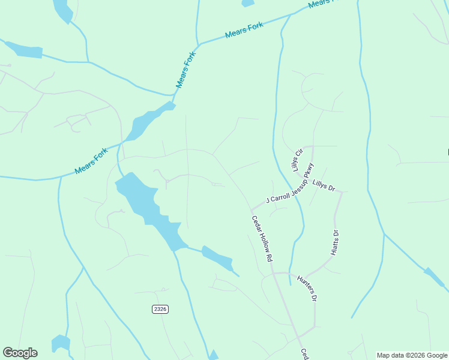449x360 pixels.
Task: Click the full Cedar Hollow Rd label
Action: click(262, 238)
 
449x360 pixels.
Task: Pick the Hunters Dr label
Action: click(307, 288)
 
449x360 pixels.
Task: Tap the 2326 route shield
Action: click(160, 309)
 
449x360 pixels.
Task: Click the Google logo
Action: click(20, 353)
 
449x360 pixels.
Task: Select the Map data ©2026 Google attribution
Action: click(412, 355)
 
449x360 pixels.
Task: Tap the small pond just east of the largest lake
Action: click(217, 258)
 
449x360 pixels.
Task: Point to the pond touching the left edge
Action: click(23, 50)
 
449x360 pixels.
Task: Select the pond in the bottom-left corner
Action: click(60, 344)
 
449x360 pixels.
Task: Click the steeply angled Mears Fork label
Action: click(186, 70)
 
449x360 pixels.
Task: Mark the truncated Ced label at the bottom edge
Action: click(304, 354)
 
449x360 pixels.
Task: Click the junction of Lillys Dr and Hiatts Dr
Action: click(341, 192)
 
